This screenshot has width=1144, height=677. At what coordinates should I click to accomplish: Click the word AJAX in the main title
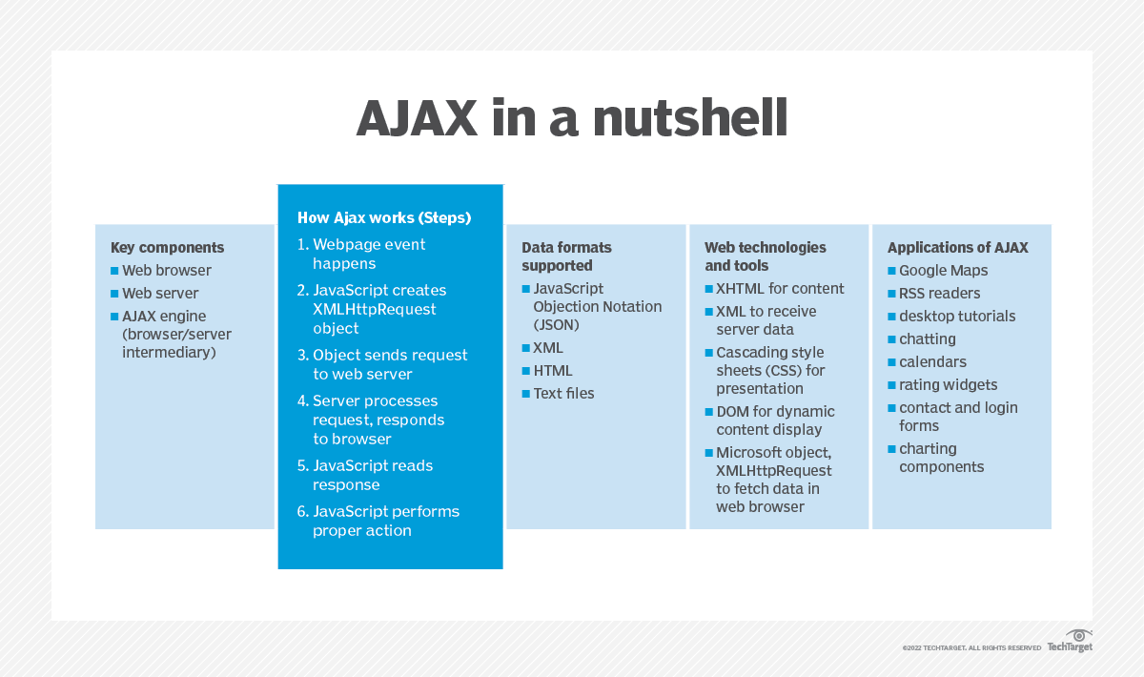[x=417, y=118]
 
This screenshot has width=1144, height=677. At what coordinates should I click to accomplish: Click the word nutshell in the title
[x=690, y=118]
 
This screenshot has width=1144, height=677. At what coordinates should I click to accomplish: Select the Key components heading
[x=167, y=248]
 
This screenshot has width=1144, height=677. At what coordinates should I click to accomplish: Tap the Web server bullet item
[x=160, y=294]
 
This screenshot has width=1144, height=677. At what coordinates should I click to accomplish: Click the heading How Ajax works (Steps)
[x=384, y=218]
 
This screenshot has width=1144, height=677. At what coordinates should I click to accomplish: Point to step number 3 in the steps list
[x=303, y=355]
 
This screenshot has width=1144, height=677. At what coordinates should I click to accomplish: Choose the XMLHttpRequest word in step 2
[x=375, y=309]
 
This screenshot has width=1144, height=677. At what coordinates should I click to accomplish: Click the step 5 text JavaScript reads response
[x=373, y=475]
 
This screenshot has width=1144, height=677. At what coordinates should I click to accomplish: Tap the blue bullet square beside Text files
[x=526, y=394]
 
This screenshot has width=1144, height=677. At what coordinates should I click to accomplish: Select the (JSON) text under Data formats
[x=556, y=325]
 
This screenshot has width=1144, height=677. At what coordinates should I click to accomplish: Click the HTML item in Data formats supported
[x=553, y=371]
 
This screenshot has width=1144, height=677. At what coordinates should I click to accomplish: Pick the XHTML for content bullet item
[x=780, y=289]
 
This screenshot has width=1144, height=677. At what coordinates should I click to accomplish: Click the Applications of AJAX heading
[x=957, y=248]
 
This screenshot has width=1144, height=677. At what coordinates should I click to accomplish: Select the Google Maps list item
[x=943, y=271]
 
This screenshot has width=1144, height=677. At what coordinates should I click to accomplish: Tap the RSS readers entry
[x=940, y=294]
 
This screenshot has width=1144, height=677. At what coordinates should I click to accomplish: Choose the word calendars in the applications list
[x=932, y=362]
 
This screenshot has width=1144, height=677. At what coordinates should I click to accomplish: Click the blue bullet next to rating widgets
[x=891, y=385]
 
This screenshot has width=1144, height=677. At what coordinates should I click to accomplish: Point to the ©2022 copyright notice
[x=971, y=647]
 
